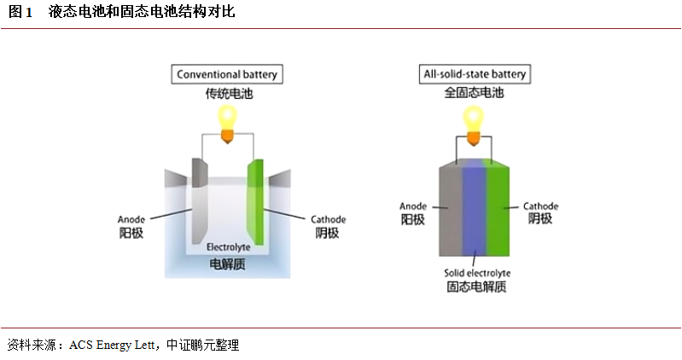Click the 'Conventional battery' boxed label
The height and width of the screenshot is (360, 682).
(227, 74)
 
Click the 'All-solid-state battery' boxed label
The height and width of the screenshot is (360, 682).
(475, 74)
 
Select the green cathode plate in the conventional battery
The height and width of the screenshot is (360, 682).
(255, 201)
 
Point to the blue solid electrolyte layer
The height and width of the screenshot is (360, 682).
(475, 209)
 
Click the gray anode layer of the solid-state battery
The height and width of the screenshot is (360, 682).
(450, 209)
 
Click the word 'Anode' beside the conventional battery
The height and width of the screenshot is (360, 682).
(131, 218)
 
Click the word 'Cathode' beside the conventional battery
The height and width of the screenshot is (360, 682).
(329, 218)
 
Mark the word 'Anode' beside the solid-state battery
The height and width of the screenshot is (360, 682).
(413, 206)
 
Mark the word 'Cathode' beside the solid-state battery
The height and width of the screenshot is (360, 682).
(540, 206)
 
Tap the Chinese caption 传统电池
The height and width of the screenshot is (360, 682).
(227, 93)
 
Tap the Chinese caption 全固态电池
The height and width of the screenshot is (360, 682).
(475, 93)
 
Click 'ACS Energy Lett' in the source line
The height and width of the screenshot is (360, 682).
(112, 345)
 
